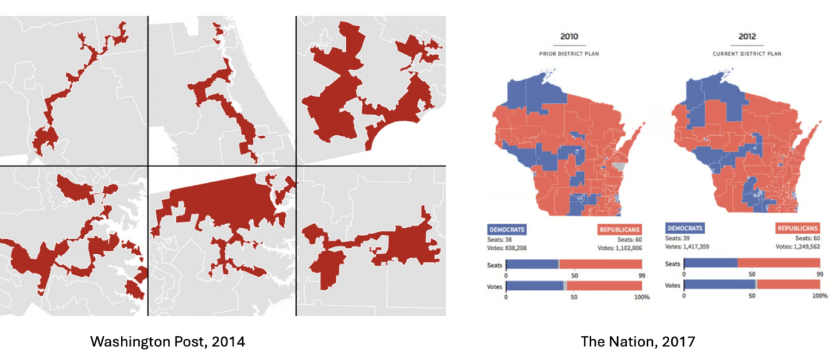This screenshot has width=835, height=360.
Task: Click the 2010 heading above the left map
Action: coord(569,36)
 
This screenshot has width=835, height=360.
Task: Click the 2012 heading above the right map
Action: coord(747,36)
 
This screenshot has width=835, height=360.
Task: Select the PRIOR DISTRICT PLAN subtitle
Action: coord(569,54)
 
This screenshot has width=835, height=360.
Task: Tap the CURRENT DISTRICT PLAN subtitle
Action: coord(747,54)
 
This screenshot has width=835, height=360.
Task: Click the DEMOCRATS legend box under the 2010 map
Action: coord(507,230)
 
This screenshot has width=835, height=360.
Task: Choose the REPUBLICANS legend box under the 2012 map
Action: coord(797,228)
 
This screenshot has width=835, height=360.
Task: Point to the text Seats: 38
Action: coord(499,240)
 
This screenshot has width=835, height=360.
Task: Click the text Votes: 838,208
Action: coord(506,248)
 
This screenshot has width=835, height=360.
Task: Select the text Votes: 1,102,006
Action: coord(620,248)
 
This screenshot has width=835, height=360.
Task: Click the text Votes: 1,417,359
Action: coord(687,247)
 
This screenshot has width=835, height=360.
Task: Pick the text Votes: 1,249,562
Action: coord(797,247)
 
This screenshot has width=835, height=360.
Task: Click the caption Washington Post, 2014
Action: coord(167,341)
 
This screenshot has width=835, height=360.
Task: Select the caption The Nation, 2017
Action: coord(638,341)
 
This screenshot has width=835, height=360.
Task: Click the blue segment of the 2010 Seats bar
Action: coord(532,264)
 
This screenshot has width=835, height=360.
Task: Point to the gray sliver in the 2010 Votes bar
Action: coord(565,286)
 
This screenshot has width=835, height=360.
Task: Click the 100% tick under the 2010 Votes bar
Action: coord(642,297)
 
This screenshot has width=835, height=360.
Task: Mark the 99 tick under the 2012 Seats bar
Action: coord(819,274)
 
